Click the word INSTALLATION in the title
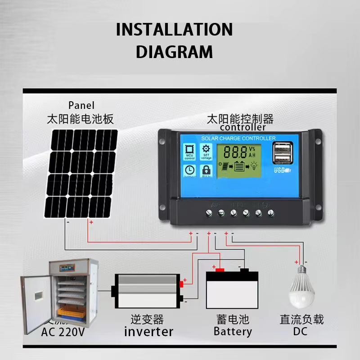coord(174,30)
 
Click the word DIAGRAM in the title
coord(174,52)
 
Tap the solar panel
coord(81,174)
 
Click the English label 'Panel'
coord(81,105)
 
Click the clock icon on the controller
coord(189,170)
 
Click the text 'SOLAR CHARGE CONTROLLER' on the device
coord(238,138)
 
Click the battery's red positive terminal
coord(220,270)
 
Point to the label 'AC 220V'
coord(63,333)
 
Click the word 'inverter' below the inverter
coord(148,332)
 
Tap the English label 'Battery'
coord(233,332)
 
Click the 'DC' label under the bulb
coord(301,332)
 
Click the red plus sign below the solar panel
coord(91,222)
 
